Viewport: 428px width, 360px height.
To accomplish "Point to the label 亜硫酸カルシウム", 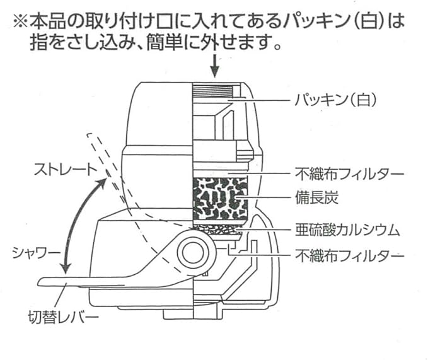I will [x=357, y=229].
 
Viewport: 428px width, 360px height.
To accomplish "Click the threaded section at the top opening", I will [x=217, y=92].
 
